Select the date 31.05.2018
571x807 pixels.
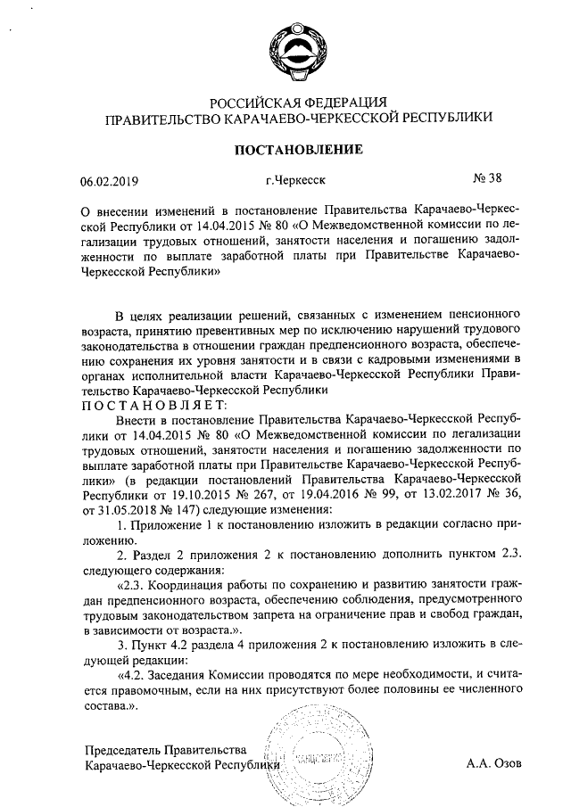[113, 504]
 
